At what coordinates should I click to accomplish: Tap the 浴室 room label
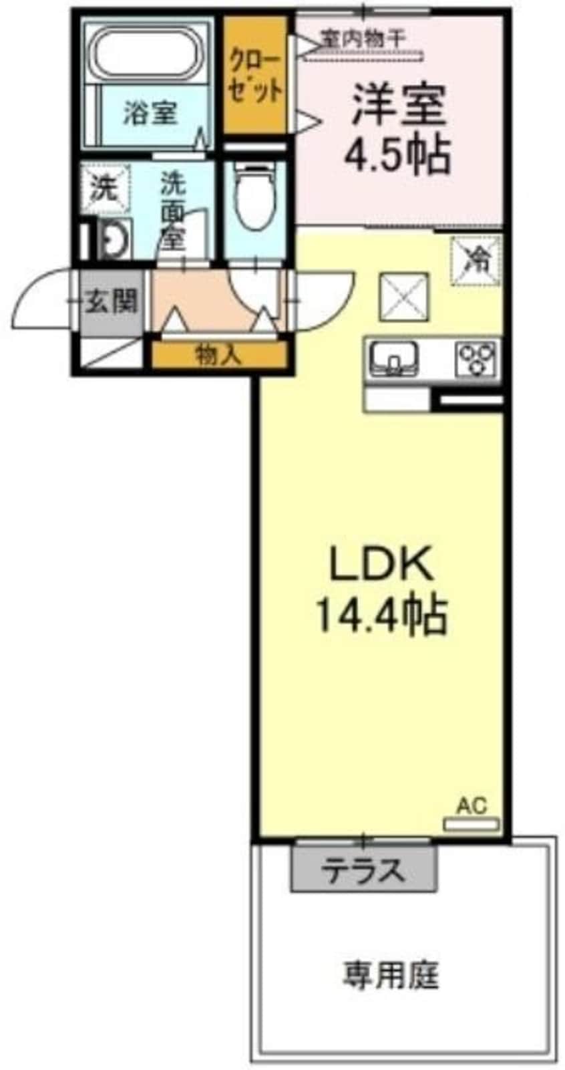click(150, 114)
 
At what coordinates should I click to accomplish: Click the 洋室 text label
click(399, 105)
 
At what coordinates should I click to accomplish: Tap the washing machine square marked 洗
click(104, 188)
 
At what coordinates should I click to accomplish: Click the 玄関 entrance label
click(111, 301)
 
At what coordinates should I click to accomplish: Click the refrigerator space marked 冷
click(476, 261)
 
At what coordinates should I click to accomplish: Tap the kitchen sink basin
click(394, 358)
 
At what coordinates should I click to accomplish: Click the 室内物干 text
click(363, 37)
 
